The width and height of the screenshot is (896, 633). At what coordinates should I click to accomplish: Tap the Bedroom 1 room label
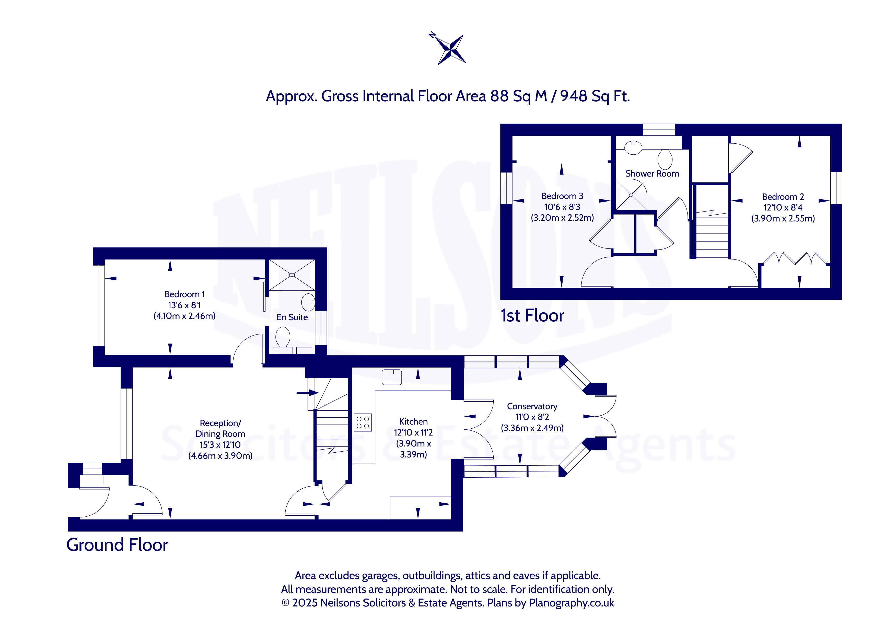184,294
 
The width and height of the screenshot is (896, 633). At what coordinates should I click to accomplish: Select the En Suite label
292,317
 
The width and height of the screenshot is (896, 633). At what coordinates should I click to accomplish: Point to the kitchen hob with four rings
363,423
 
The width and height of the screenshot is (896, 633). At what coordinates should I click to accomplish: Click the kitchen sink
392,377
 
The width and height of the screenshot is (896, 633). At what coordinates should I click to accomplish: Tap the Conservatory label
532,406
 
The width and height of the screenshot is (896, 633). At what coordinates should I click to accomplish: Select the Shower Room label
652,173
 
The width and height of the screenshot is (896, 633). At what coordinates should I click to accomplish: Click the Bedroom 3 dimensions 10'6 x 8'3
562,207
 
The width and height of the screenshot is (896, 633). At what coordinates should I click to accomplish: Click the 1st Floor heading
532,315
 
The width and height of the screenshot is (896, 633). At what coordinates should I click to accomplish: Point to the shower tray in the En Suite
292,275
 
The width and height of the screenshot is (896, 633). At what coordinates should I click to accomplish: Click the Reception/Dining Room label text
220,428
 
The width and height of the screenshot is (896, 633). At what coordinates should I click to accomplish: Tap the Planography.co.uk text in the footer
571,603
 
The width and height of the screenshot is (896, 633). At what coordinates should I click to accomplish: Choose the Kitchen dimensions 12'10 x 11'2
413,433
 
